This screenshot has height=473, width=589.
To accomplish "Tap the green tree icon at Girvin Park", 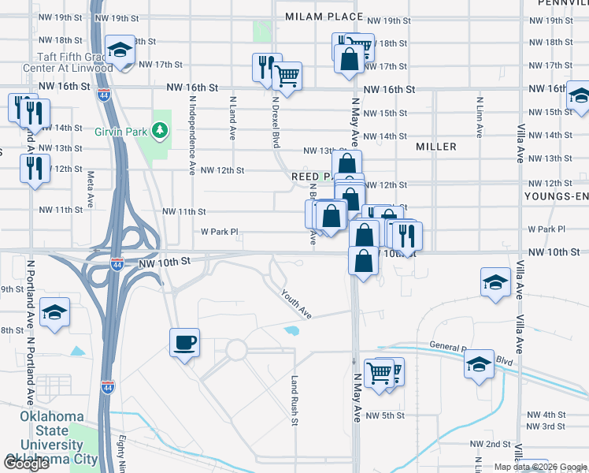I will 161,128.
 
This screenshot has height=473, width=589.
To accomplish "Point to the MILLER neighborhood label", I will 436,147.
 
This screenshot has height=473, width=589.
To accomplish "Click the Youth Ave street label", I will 298,304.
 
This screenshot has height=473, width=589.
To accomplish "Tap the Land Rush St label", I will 294,400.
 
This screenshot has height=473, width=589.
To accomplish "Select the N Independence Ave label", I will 192,135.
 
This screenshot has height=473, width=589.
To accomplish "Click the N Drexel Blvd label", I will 276,122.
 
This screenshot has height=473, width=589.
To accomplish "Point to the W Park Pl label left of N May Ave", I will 220,232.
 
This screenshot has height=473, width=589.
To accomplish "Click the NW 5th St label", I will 384,415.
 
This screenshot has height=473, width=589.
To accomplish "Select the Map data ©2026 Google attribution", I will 540,467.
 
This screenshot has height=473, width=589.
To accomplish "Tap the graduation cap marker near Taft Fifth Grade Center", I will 119,52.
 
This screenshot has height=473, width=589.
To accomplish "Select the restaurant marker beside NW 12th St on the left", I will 35,169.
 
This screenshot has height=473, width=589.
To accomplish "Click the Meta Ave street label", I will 91,190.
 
